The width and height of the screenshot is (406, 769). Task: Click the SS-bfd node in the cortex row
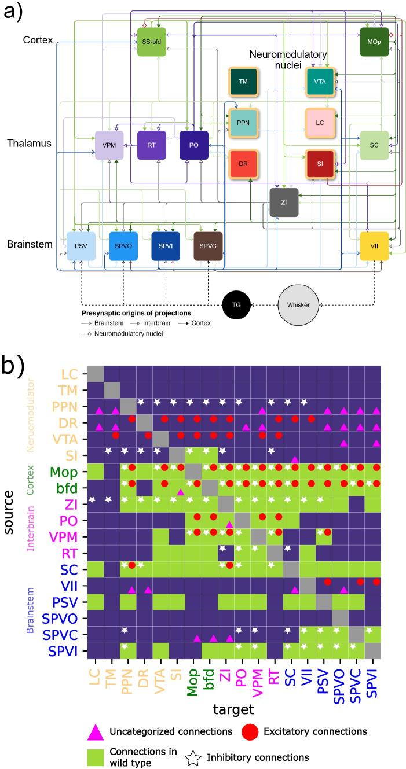coord(151,42)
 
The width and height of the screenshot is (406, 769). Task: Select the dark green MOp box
coord(374,42)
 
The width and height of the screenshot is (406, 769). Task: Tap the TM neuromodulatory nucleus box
coord(243,82)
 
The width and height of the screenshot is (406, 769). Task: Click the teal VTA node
coord(320,82)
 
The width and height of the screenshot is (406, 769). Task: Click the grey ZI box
coord(284,203)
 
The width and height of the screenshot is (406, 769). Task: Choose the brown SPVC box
coord(208,246)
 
